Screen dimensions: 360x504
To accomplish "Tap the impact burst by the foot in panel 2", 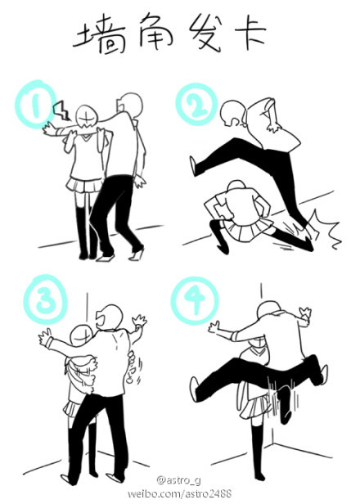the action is [x=322, y=230].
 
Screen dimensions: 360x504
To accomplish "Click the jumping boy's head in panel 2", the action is [x=232, y=113].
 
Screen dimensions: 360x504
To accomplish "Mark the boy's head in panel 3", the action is [x=110, y=317].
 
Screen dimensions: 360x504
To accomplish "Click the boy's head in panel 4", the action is [x=271, y=311].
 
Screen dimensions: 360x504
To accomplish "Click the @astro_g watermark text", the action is [x=179, y=480].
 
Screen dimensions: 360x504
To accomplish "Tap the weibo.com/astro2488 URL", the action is [x=180, y=493].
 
